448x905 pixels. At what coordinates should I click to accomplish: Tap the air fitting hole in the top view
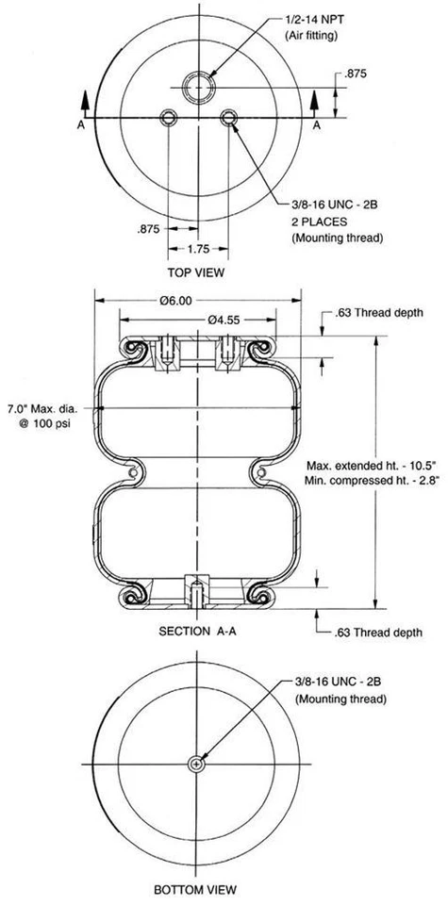click(199, 90)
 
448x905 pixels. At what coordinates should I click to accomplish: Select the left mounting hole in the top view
click(170, 117)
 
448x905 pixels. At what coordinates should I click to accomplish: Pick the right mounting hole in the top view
click(228, 117)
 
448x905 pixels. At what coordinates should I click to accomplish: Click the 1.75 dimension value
click(198, 250)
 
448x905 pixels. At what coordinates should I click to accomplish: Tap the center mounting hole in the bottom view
click(196, 764)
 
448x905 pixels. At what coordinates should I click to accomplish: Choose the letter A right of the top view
click(317, 123)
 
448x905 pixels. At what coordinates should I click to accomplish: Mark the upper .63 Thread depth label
click(380, 312)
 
